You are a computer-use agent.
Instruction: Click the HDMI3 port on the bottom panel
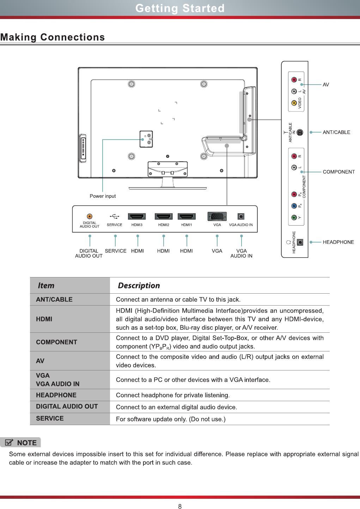coord(137,216)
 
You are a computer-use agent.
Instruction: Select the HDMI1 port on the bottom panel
coord(187,216)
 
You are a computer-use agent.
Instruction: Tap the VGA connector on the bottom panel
coord(217,216)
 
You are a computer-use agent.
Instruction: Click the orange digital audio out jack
coord(90,216)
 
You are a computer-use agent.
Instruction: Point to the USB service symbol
coord(115,216)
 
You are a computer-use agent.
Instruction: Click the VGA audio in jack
coord(241,216)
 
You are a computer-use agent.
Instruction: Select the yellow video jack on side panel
coord(294,103)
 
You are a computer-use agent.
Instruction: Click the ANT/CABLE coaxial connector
coord(300,132)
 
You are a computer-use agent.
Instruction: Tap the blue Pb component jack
coord(294,206)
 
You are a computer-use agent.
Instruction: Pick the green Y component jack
coord(294,217)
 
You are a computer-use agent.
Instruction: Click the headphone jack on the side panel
coord(300,242)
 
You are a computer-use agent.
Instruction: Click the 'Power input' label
coord(103,196)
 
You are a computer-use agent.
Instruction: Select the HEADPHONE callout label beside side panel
coord(338,242)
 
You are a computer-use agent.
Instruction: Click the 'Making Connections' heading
coord(53,37)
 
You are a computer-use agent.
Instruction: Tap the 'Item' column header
coord(46,286)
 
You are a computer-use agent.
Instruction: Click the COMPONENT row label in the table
coord(56,342)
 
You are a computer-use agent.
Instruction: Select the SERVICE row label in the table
coord(50,418)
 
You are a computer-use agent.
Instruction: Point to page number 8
coord(180,506)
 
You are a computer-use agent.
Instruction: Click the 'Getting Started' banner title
coord(180,8)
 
